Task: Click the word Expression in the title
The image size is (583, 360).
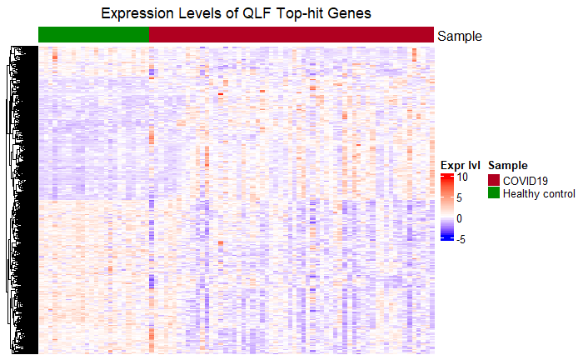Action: pyautogui.click(x=137, y=14)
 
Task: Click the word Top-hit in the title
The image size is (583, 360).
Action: pyautogui.click(x=300, y=14)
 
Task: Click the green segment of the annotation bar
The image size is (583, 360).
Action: pyautogui.click(x=93, y=35)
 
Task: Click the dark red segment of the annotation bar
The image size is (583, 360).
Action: pyautogui.click(x=291, y=35)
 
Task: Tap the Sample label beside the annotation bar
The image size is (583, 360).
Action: pyautogui.click(x=460, y=37)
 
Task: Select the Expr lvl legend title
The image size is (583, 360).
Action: pyautogui.click(x=461, y=165)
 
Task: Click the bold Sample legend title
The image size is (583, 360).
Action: pyautogui.click(x=508, y=166)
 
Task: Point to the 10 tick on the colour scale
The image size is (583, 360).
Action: pyautogui.click(x=462, y=177)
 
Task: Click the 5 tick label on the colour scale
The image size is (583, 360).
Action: pyautogui.click(x=459, y=197)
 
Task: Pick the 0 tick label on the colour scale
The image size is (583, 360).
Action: pyautogui.click(x=459, y=218)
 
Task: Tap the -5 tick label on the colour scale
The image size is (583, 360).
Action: pyautogui.click(x=461, y=239)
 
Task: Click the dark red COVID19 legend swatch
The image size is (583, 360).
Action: pyautogui.click(x=494, y=180)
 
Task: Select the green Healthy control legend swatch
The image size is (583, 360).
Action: pyautogui.click(x=494, y=192)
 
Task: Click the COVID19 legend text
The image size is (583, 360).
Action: pyautogui.click(x=526, y=181)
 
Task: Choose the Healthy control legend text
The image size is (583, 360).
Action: pyautogui.click(x=539, y=194)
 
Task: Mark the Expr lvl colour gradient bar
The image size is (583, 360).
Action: pyautogui.click(x=447, y=207)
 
